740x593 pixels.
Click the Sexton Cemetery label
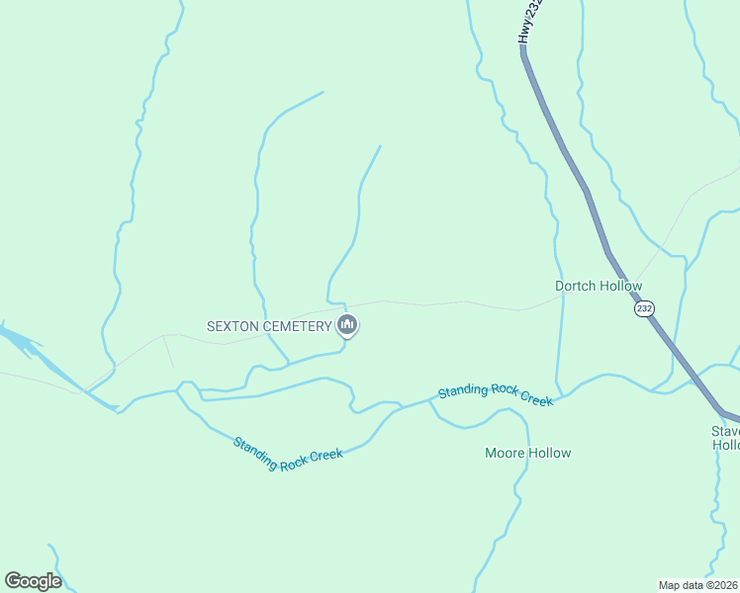click(x=268, y=326)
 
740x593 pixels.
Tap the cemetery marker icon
click(x=347, y=325)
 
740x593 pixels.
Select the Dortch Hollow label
click(x=598, y=287)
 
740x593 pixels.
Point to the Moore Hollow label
click(x=527, y=454)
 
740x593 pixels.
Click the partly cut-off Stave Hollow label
click(x=725, y=438)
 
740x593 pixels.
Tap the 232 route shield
click(x=644, y=308)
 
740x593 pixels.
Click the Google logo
click(x=33, y=581)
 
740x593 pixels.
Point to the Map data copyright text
click(x=697, y=585)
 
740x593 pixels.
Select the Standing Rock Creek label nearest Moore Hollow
click(x=495, y=393)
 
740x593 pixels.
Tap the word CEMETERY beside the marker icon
click(x=299, y=326)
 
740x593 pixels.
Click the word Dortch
click(x=574, y=287)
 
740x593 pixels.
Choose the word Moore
click(x=505, y=454)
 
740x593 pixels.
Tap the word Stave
click(x=725, y=431)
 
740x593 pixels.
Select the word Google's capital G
click(x=14, y=581)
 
